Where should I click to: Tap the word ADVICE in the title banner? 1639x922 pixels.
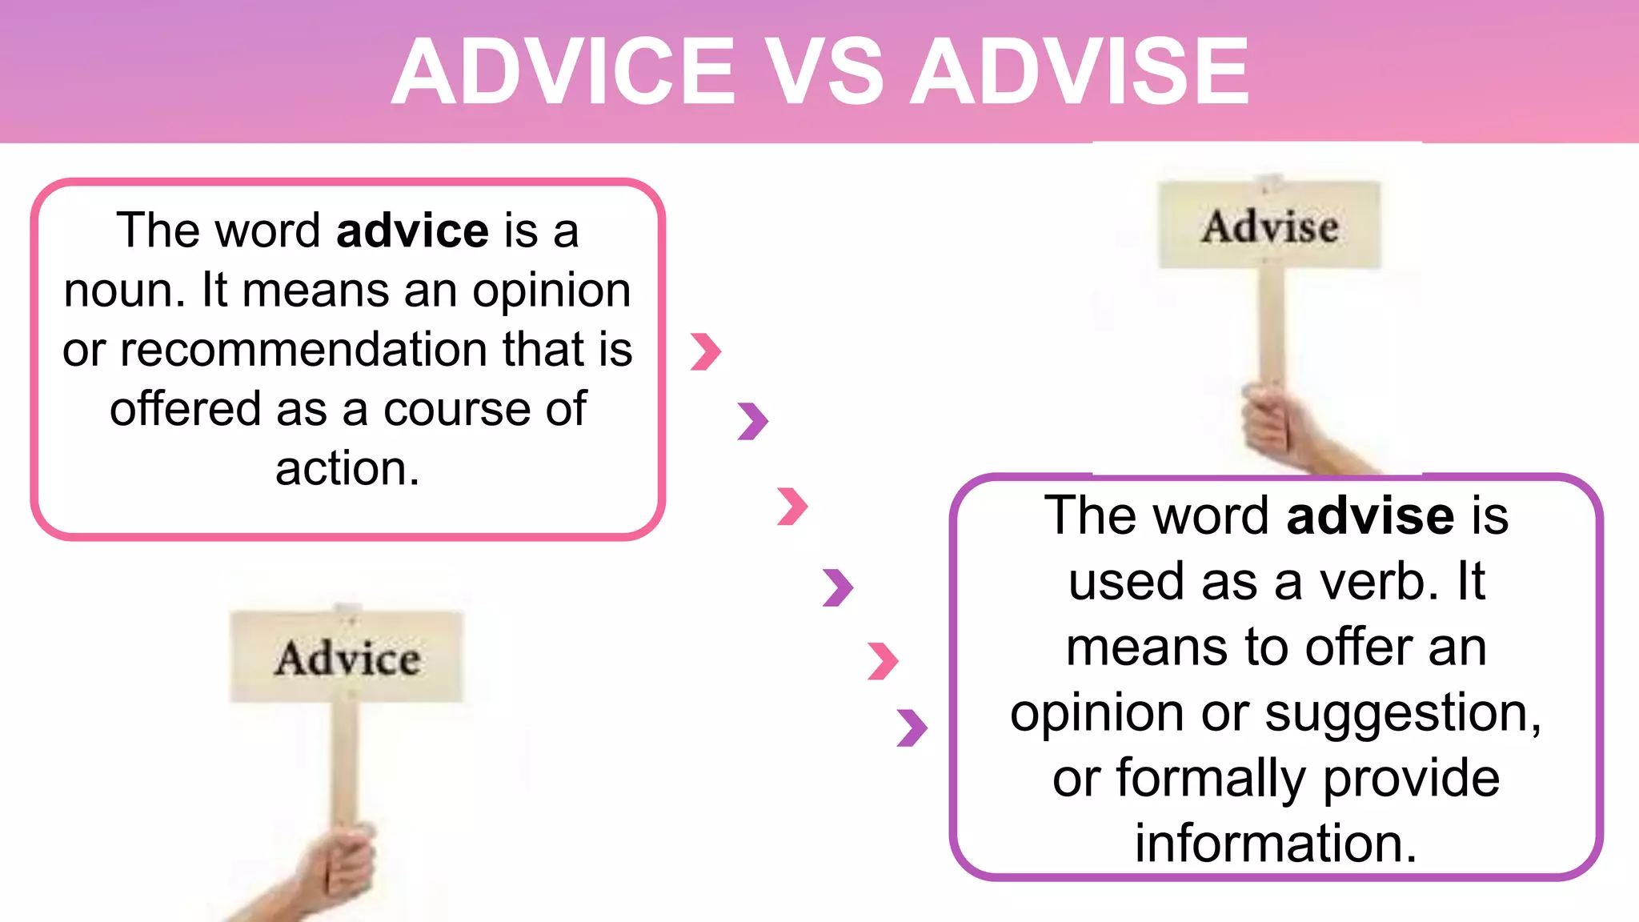[563, 72]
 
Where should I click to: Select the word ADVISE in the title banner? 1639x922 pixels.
[1080, 72]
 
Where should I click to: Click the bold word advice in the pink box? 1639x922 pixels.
[412, 231]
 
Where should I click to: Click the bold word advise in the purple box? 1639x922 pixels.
[1370, 515]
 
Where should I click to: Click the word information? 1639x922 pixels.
[1276, 844]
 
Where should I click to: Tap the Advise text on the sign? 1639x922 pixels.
[1269, 226]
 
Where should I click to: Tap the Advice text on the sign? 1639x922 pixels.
[347, 659]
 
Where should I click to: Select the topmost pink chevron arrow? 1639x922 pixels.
[706, 351]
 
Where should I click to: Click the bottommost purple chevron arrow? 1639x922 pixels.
[912, 728]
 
